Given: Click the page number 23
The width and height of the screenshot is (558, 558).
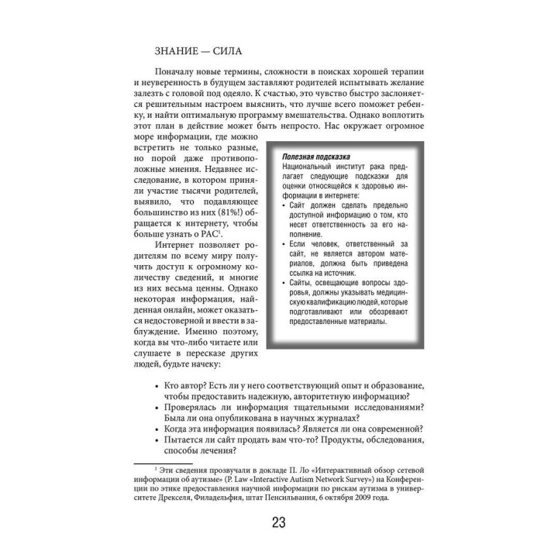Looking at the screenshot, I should [278, 521].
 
